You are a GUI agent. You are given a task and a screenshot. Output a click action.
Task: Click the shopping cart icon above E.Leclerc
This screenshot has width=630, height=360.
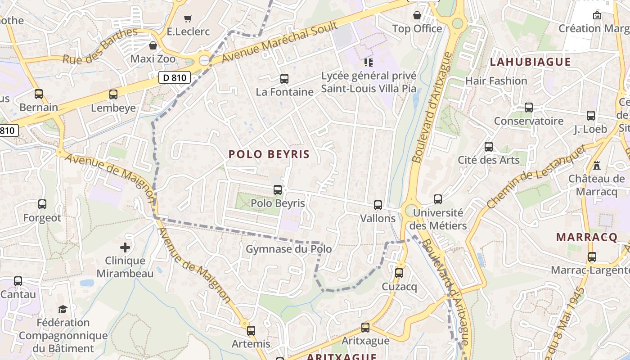[188, 18]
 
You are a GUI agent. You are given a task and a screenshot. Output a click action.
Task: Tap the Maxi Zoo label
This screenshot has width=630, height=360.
[153, 58]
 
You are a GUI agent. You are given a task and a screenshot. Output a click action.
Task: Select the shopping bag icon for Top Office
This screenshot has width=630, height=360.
[417, 15]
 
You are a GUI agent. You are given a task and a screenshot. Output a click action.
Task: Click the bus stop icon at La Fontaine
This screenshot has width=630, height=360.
[284, 79]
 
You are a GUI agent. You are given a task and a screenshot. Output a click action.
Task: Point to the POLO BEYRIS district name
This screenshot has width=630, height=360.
[269, 154]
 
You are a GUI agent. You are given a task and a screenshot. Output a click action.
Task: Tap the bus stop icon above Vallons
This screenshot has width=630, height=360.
[378, 205]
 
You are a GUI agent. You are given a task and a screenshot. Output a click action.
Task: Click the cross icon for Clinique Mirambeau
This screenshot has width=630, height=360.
[125, 247]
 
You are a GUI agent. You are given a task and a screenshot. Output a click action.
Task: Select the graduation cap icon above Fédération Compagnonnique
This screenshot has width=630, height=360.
[63, 309]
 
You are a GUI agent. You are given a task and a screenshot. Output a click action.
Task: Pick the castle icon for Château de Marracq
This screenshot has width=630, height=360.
[597, 165]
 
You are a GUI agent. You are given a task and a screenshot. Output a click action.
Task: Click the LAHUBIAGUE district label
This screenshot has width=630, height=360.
[530, 62]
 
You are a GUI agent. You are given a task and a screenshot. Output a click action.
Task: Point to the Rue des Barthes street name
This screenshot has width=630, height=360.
[99, 46]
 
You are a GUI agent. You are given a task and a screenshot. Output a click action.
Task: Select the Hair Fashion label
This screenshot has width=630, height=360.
[496, 81]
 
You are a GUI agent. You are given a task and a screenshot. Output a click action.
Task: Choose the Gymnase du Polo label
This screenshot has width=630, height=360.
[288, 249]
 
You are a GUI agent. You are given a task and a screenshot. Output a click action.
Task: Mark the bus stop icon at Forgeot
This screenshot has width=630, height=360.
[42, 204]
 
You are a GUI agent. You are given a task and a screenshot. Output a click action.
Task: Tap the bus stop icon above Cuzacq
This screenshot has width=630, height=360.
[399, 273]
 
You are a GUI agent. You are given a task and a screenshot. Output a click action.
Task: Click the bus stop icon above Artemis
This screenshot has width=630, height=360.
[251, 330]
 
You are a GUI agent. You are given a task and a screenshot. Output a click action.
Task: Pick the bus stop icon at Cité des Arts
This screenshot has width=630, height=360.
[489, 147]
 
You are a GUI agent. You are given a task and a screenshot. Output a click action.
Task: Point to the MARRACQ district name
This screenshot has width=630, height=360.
[587, 237]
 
